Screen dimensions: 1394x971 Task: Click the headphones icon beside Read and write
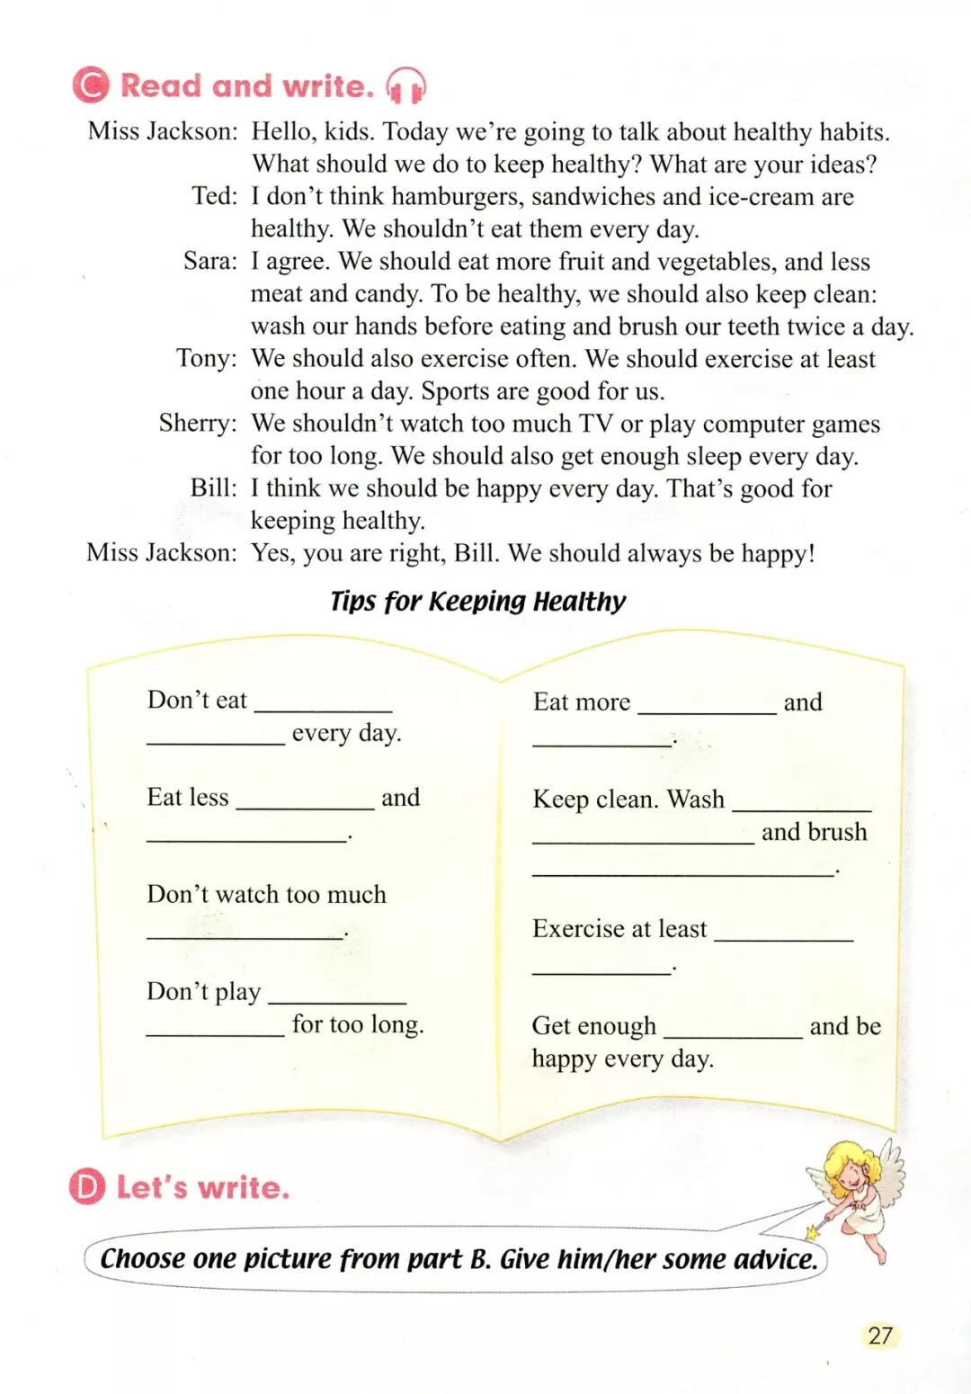coord(405,86)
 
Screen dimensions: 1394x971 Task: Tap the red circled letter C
coord(91,85)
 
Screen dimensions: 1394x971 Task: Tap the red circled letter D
coord(87,1186)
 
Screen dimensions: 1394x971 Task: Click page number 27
coord(880,1335)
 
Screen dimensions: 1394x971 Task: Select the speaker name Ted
coord(214,196)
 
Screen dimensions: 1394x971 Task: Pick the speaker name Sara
coord(209,261)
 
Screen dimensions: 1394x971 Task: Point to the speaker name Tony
coord(206,358)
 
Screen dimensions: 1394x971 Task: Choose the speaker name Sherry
coord(198,423)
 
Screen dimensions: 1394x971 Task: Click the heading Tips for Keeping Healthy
coord(477,601)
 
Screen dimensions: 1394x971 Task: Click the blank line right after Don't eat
coord(324,703)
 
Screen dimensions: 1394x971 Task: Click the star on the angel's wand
coord(814,1231)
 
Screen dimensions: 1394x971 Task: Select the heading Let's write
coord(203,1187)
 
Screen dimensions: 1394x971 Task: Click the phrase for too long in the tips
coord(358,1023)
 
